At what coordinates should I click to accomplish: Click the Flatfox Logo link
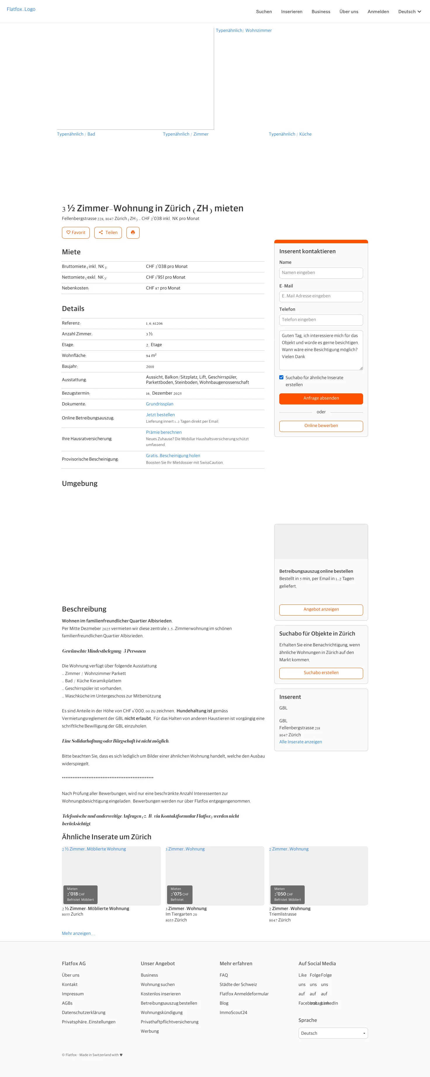[21, 9]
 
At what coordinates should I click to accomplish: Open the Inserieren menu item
[292, 12]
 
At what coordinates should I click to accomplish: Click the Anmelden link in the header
[378, 12]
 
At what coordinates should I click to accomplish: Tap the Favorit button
[76, 232]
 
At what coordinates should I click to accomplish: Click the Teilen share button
[108, 232]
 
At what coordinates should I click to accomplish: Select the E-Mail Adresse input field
[321, 296]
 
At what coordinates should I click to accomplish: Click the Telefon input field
[321, 320]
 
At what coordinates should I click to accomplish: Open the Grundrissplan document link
[159, 404]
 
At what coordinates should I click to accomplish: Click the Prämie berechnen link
[164, 432]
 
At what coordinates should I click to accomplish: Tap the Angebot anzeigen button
[321, 609]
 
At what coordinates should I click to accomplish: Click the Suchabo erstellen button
[321, 673]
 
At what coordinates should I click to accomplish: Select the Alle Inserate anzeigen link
[300, 742]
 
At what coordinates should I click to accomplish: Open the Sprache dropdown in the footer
[333, 1033]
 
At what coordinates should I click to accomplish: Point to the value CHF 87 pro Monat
[163, 288]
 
